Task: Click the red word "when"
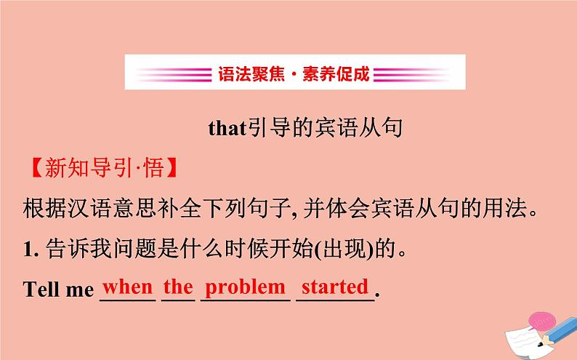(128, 287)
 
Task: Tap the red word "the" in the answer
(178, 287)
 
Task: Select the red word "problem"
(245, 288)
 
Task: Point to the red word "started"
(335, 287)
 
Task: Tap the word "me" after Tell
(81, 291)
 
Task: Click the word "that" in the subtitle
(227, 128)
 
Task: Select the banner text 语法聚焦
(251, 73)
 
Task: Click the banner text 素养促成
(336, 73)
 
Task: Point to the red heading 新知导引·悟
(104, 168)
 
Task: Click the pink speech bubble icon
(541, 321)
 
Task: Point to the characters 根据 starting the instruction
(45, 208)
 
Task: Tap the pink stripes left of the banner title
(174, 73)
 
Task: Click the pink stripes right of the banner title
(411, 73)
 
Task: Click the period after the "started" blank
(377, 295)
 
